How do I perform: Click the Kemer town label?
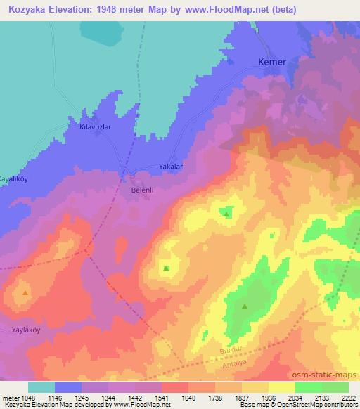point(272,62)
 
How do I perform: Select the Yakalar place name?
point(171,167)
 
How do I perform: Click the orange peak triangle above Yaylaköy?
point(25,292)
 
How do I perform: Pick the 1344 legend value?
point(107,398)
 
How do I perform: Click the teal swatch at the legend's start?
point(41,387)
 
